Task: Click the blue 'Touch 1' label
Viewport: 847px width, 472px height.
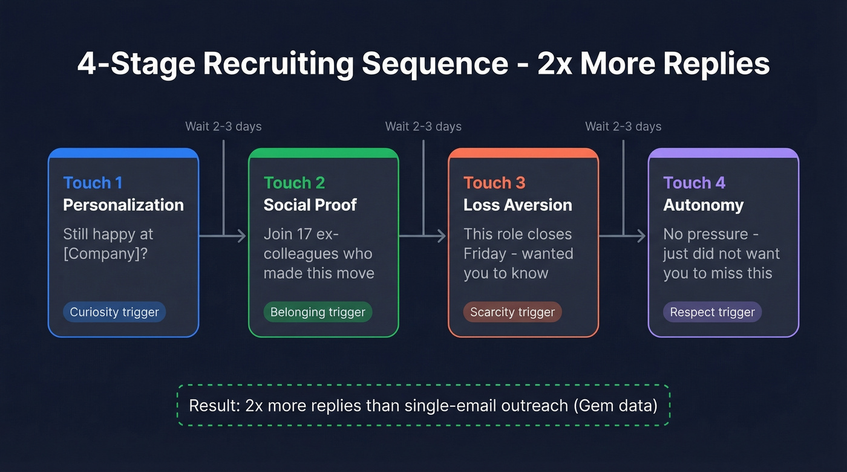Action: click(x=93, y=183)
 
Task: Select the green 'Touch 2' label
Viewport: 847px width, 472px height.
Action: click(x=294, y=183)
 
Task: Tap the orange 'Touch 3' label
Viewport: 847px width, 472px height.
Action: click(x=494, y=183)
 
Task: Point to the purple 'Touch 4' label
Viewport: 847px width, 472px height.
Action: click(x=694, y=183)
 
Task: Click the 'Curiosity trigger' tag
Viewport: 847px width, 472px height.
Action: click(x=114, y=312)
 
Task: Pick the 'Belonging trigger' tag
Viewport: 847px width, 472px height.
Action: click(x=318, y=312)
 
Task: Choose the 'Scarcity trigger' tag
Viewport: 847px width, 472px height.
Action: click(x=512, y=312)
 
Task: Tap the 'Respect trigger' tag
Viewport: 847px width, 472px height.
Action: click(x=712, y=312)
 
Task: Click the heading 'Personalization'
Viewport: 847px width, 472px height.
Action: click(x=123, y=205)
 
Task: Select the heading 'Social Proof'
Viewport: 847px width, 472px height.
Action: click(x=310, y=205)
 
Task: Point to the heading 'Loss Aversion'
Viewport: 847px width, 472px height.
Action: click(x=518, y=205)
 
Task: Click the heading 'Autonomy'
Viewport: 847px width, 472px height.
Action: click(x=704, y=205)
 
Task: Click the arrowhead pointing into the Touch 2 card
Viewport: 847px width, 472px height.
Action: click(x=242, y=236)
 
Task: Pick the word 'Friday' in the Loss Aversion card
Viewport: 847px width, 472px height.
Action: click(x=485, y=253)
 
